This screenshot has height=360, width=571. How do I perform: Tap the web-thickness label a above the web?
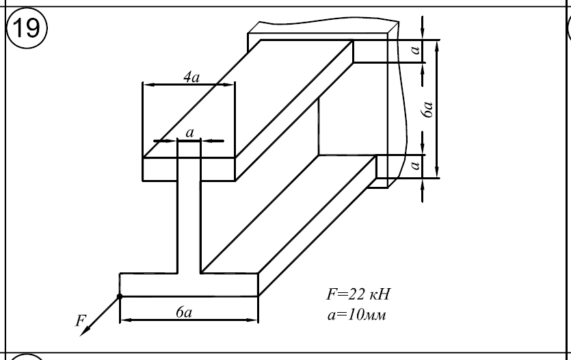point(189,131)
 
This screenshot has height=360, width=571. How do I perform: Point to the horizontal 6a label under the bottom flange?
point(183,312)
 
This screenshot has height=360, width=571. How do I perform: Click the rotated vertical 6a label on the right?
point(428,110)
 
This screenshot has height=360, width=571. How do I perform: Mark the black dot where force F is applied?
point(120,296)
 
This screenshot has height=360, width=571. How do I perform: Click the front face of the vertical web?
point(189,219)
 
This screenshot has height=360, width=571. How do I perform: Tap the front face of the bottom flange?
point(189,285)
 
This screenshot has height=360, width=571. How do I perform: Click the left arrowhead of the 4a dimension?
point(146,85)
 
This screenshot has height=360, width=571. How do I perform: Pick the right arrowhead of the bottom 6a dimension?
point(254,319)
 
